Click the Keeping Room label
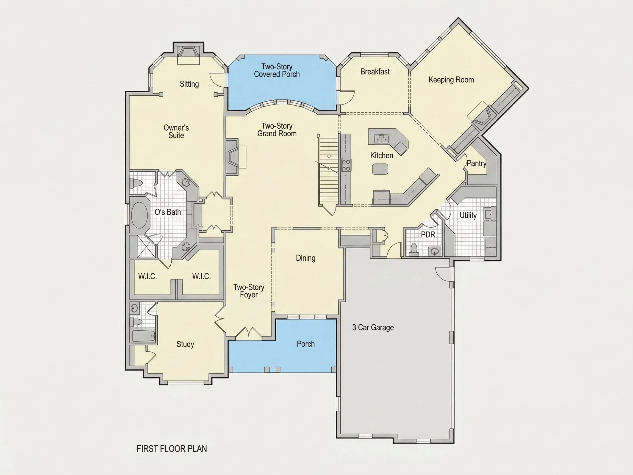click(451, 80)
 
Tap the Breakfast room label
click(375, 71)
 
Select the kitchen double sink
click(381, 139)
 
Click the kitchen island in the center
click(380, 169)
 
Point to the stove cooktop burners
click(346, 165)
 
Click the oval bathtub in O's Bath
click(139, 215)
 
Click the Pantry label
click(476, 164)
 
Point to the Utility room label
click(468, 215)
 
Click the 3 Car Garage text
click(373, 327)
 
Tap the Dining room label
click(306, 258)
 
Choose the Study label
click(185, 344)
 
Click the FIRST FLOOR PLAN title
click(172, 449)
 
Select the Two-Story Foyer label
click(249, 291)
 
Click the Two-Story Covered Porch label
click(277, 70)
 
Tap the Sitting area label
click(189, 84)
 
